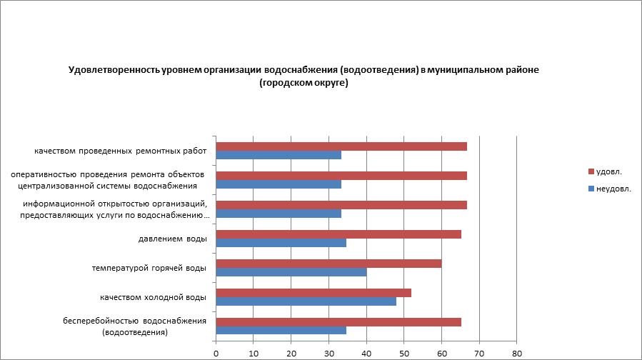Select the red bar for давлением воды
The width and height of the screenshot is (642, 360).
click(x=338, y=234)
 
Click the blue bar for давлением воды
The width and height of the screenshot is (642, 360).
click(x=281, y=243)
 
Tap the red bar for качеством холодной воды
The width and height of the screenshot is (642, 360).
click(x=314, y=293)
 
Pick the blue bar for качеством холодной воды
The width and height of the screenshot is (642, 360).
click(x=306, y=301)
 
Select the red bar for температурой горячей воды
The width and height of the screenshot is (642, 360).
click(x=328, y=264)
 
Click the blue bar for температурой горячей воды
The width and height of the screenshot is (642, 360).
click(x=291, y=272)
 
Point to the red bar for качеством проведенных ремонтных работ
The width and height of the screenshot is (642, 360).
click(x=341, y=146)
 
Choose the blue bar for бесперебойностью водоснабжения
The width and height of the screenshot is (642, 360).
click(x=281, y=331)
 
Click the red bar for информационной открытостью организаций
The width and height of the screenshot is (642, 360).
click(x=341, y=205)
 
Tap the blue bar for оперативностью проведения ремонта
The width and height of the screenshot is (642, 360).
click(x=279, y=184)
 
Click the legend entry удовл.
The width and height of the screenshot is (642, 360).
click(x=607, y=171)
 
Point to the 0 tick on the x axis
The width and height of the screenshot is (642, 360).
click(x=216, y=352)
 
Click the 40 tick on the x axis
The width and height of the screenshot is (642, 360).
click(x=366, y=352)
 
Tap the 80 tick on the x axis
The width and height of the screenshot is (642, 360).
click(x=517, y=352)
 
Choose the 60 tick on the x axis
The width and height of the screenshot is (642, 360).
click(x=442, y=352)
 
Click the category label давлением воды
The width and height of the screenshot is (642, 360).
click(x=172, y=239)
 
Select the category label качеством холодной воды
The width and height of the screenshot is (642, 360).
click(x=154, y=297)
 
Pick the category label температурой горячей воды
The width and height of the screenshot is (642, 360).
click(x=149, y=268)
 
